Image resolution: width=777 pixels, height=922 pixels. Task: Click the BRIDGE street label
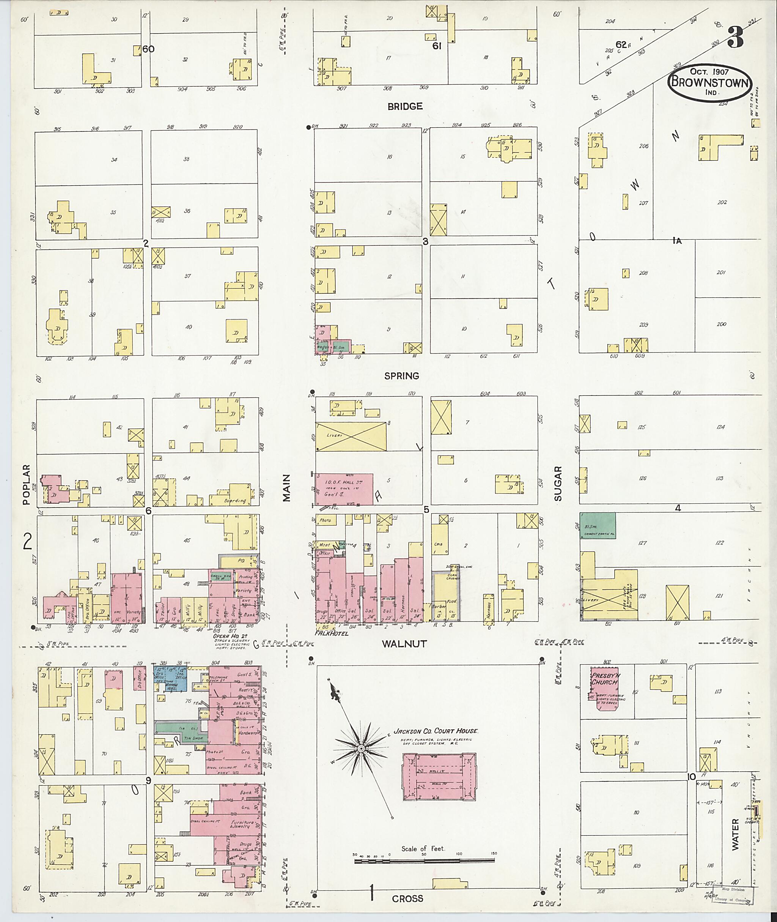405,106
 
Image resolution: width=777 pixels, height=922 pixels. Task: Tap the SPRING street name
401,376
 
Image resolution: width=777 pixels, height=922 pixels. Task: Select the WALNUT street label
404,644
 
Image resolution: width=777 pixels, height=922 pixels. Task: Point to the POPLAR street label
27,484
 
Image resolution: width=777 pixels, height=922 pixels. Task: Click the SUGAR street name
558,484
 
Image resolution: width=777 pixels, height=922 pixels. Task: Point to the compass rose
360,749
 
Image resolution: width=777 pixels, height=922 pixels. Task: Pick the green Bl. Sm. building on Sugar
597,525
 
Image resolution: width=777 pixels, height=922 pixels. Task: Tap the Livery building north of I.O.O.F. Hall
351,436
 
